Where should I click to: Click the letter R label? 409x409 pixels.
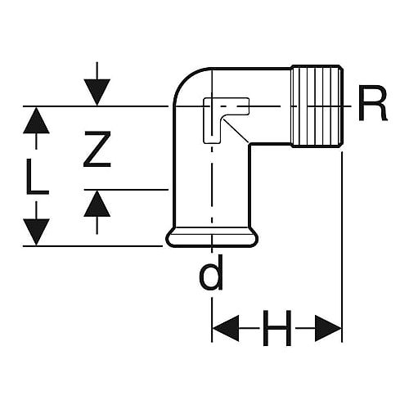(372, 103)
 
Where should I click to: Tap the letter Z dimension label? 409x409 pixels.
(97, 149)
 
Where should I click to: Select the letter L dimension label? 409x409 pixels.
(38, 177)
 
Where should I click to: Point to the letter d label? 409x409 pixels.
(211, 272)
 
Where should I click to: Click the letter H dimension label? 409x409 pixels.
(277, 328)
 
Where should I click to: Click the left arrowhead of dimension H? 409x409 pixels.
(226, 328)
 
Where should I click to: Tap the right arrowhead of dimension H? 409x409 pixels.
(328, 328)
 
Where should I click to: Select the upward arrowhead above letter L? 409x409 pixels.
(36, 120)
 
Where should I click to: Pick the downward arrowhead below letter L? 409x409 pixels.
(36, 231)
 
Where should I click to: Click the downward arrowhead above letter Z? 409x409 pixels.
(97, 92)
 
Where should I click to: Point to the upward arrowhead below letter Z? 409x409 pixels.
(97, 204)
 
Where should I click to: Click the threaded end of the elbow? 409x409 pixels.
(317, 106)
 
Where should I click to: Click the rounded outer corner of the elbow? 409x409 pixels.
(186, 79)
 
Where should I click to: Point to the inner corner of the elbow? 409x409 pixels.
(249, 145)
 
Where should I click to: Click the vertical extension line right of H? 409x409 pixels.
(342, 247)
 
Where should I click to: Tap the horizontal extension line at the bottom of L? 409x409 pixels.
(92, 246)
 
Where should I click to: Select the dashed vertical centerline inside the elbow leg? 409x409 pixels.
(212, 191)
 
